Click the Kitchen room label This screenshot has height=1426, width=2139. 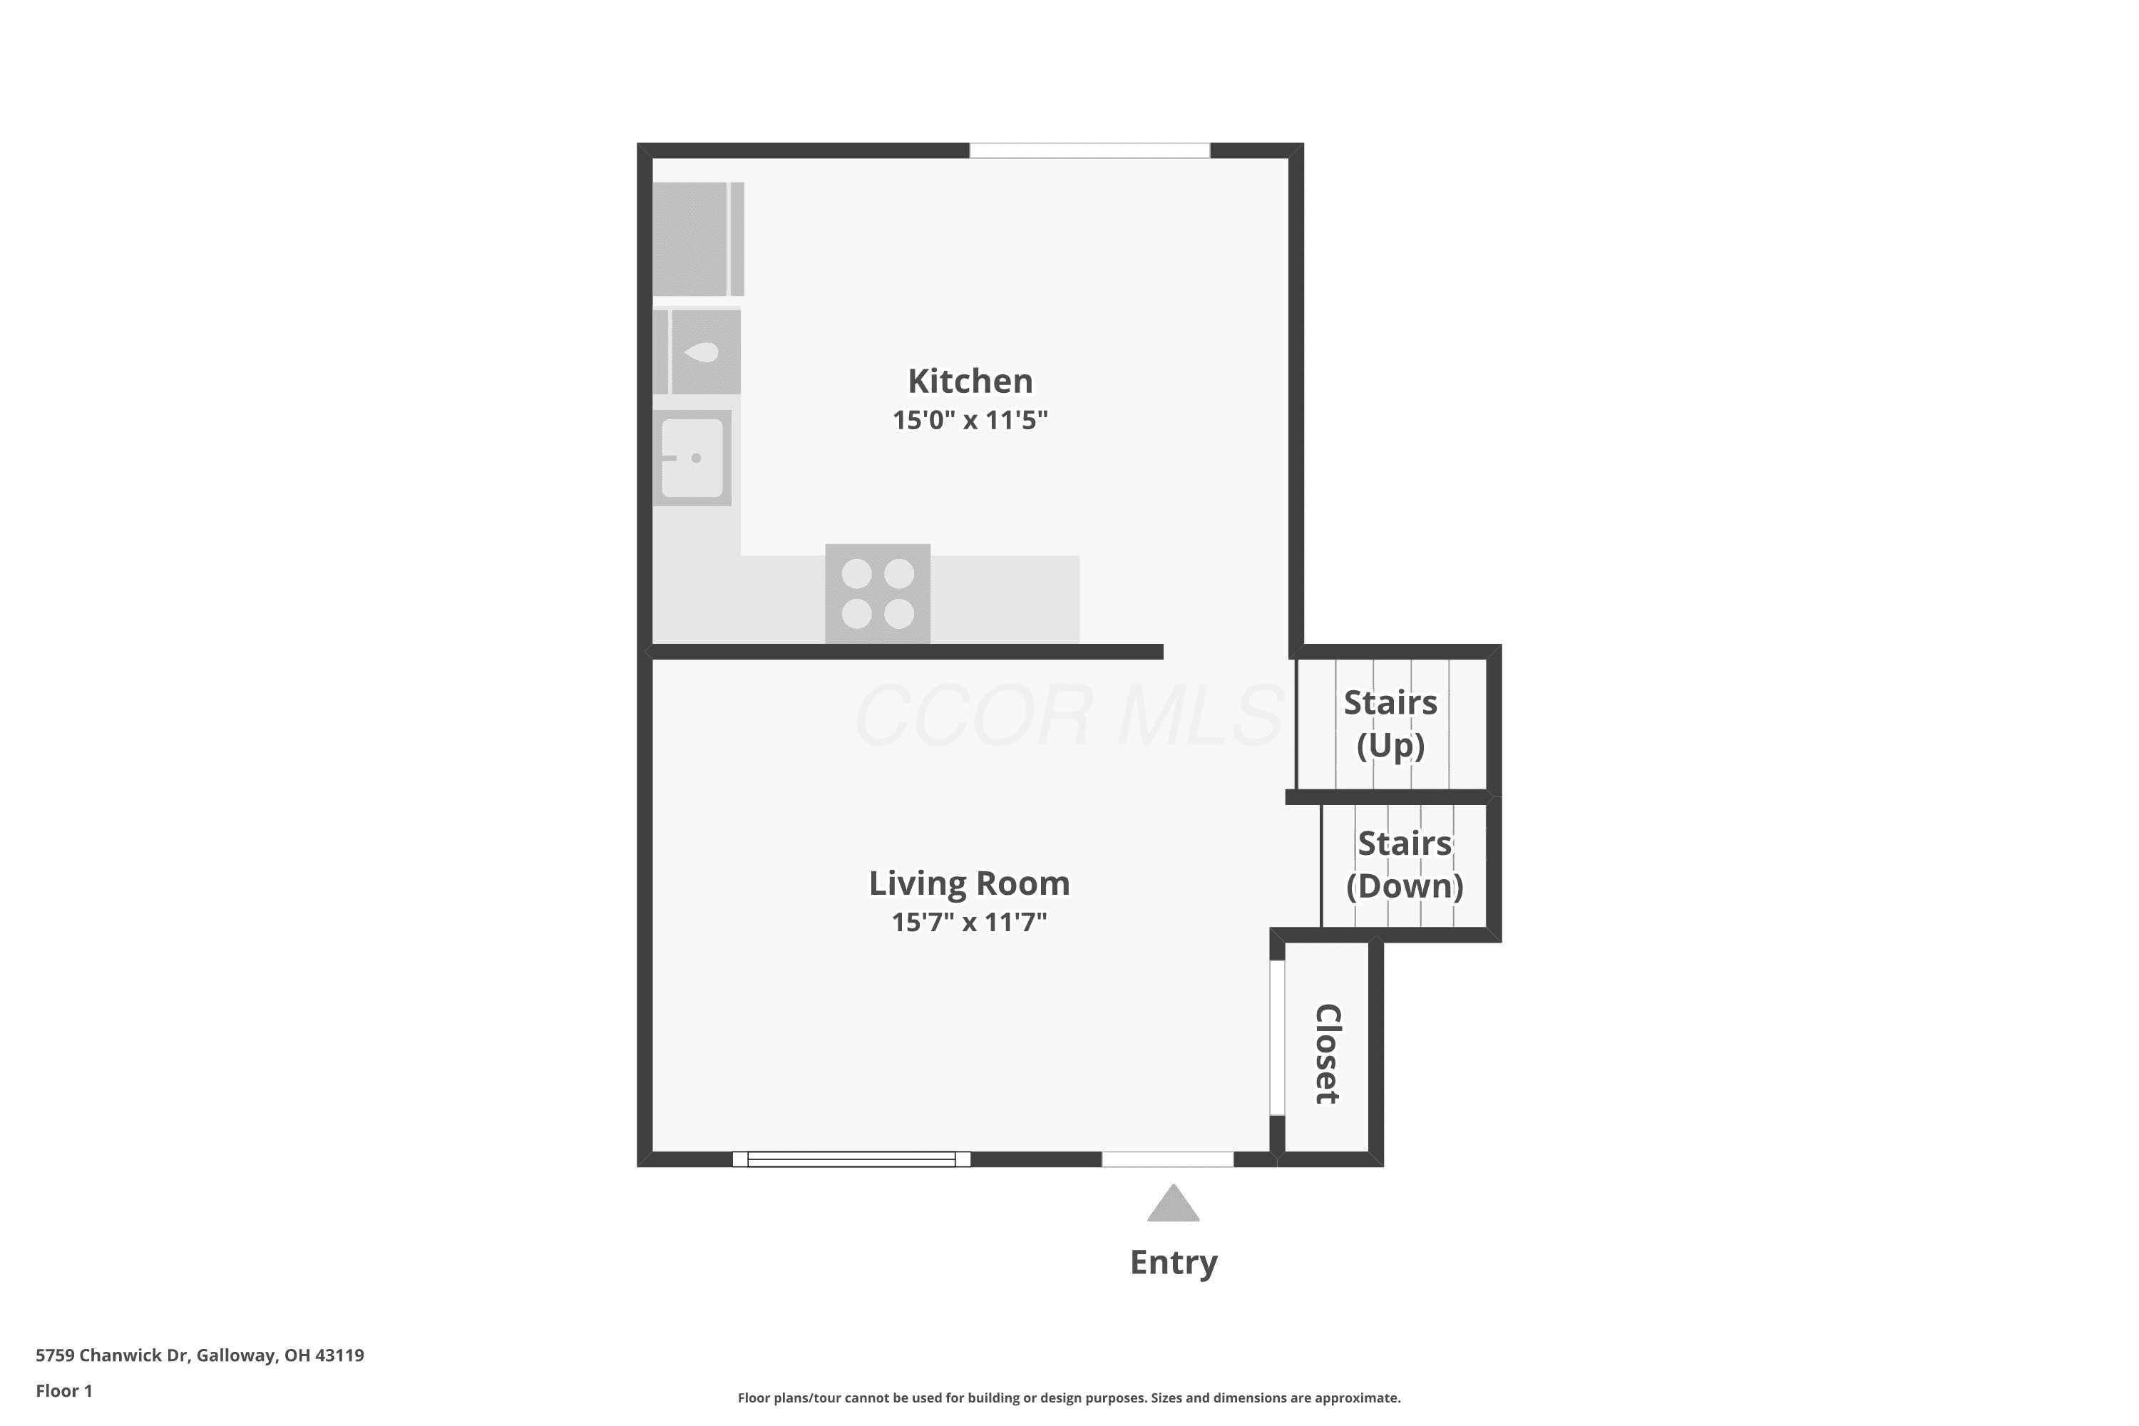coord(970,381)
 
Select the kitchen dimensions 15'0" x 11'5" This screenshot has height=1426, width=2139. coord(970,420)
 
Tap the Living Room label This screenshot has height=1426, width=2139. coord(970,884)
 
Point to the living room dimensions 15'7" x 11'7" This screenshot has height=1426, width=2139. coord(970,922)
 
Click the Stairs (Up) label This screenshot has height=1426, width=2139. coord(1390,724)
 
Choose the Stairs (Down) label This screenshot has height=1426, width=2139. coord(1405,865)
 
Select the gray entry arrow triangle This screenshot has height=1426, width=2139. coord(1173,1204)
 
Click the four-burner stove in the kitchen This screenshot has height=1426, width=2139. coord(878,594)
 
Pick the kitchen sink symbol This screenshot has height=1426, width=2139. coord(692,458)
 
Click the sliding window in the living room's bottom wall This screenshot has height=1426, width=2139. coord(851,1159)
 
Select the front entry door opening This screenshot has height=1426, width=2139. coord(1168,1159)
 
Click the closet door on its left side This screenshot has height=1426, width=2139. coord(1277,1037)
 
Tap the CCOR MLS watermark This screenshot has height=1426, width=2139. coord(1069,716)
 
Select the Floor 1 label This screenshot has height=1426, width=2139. coord(63,1390)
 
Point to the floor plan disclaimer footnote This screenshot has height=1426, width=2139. coord(1069,1397)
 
